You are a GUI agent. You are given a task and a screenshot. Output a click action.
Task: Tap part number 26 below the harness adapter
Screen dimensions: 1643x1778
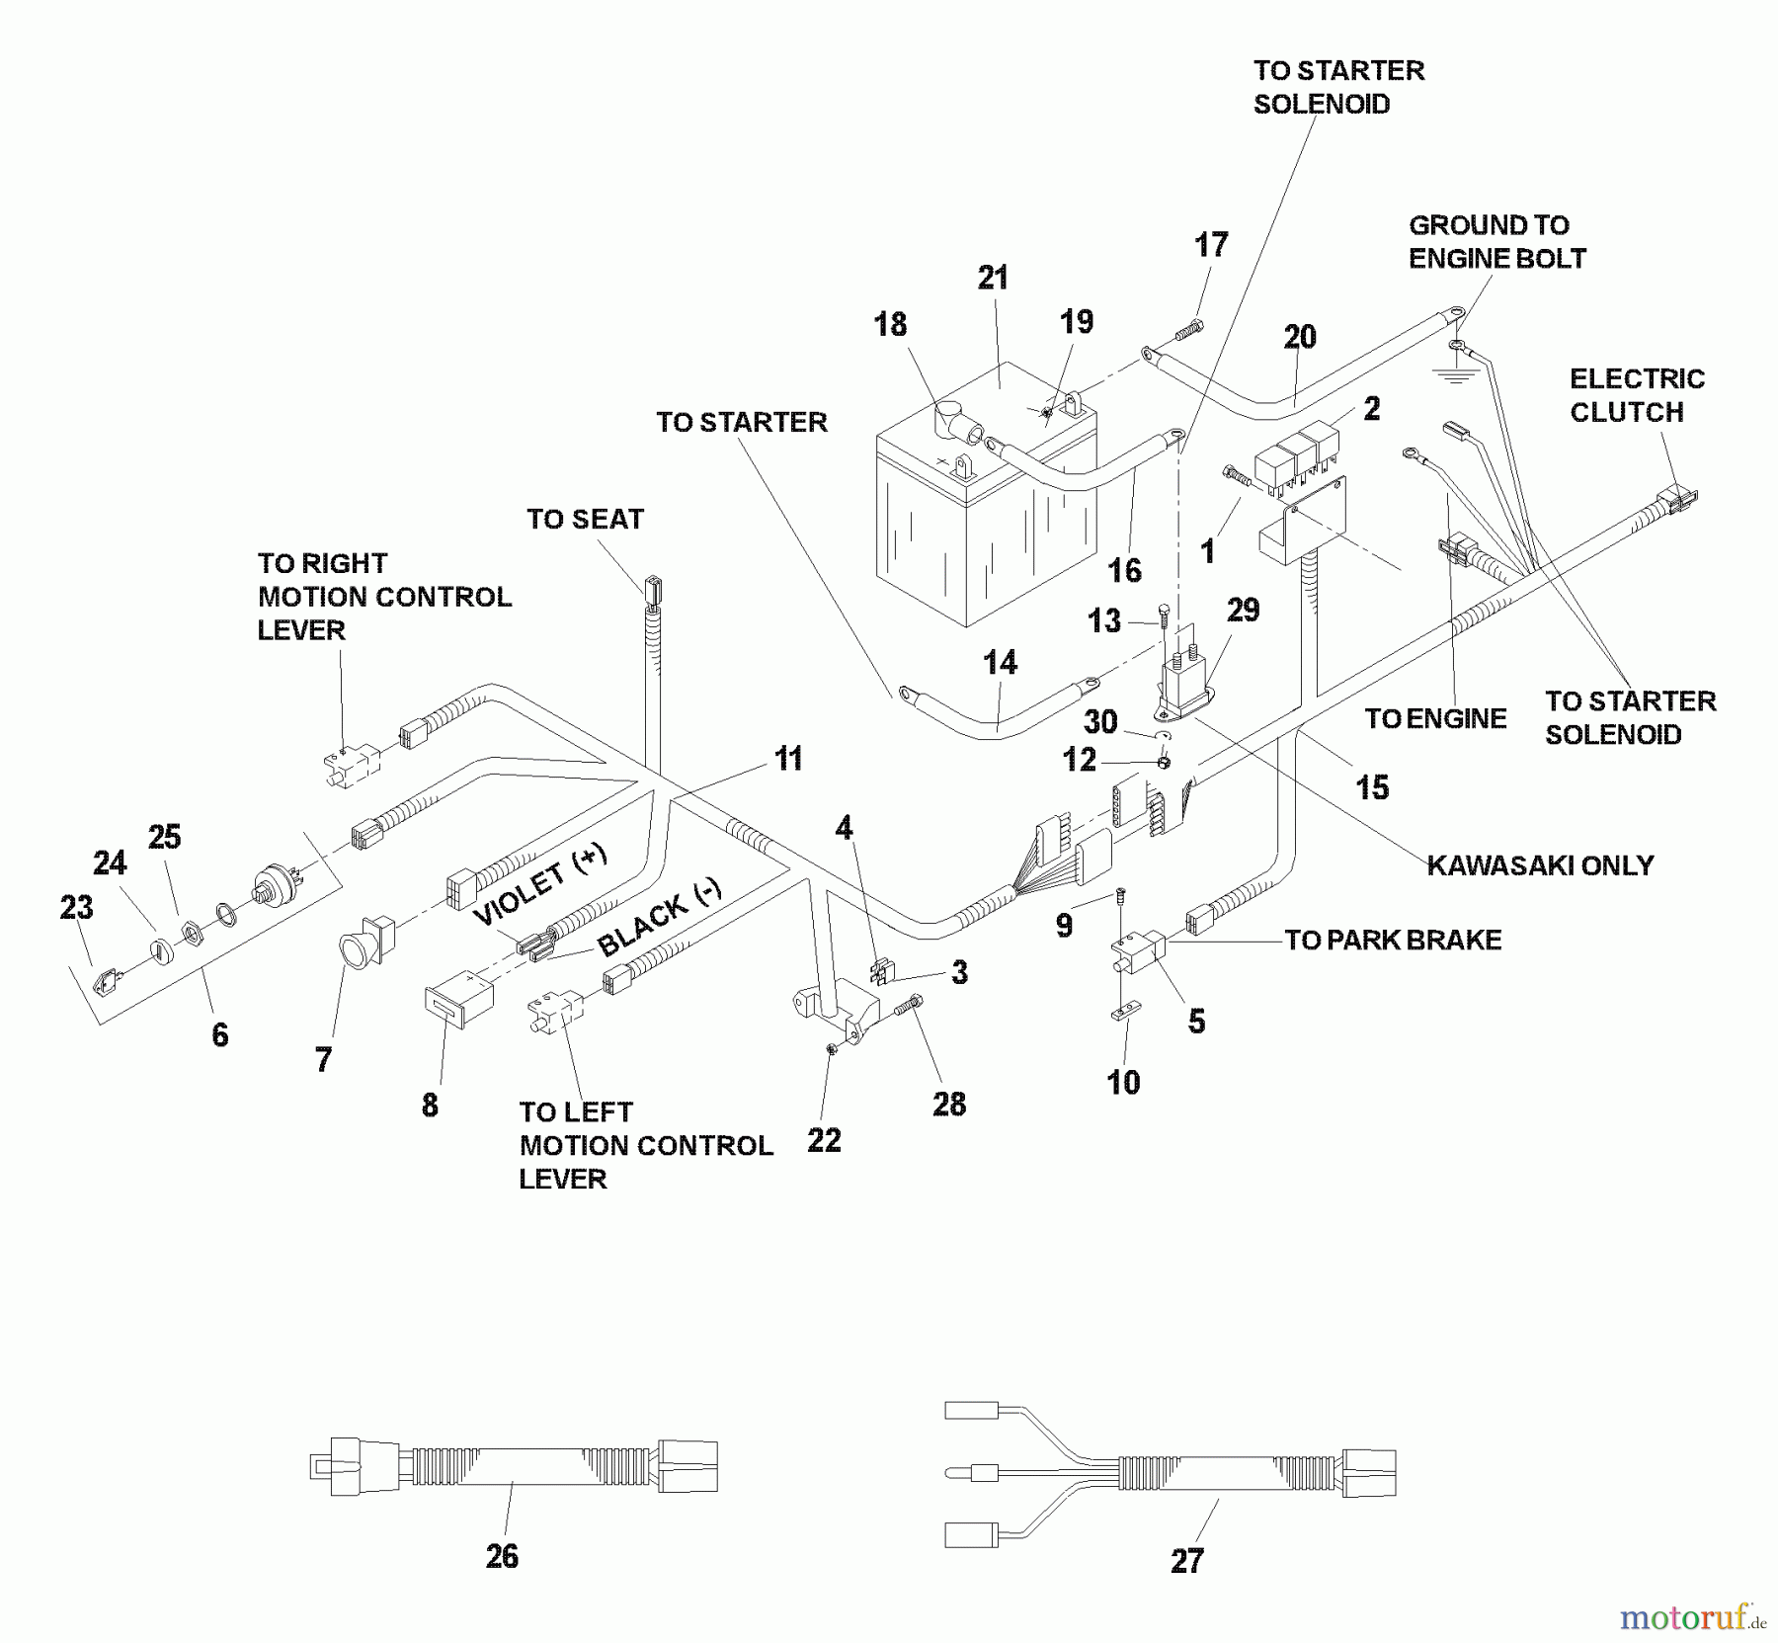[502, 1556]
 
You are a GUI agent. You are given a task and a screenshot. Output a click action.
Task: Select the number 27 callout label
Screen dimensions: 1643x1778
[1186, 1561]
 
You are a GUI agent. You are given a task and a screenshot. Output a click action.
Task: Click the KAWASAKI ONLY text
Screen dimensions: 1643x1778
[1540, 865]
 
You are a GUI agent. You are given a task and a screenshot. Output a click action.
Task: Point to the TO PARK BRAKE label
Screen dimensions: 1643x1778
[1393, 940]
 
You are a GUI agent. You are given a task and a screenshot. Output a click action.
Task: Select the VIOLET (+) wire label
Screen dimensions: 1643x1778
[539, 884]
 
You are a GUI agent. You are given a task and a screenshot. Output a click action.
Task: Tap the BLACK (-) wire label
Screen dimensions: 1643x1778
[660, 915]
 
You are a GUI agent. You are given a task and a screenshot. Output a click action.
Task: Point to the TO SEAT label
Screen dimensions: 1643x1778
[585, 520]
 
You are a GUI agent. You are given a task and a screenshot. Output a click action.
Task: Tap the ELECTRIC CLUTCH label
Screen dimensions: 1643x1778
[1636, 395]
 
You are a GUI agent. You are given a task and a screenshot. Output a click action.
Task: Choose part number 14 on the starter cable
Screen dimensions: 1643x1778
[1000, 662]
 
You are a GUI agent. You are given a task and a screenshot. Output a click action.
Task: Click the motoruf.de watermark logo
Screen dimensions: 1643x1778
[1692, 1617]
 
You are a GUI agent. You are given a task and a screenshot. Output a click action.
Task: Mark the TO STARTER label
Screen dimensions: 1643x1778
[741, 423]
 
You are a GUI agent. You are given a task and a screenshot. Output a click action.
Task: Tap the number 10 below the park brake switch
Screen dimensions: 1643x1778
[1123, 1083]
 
